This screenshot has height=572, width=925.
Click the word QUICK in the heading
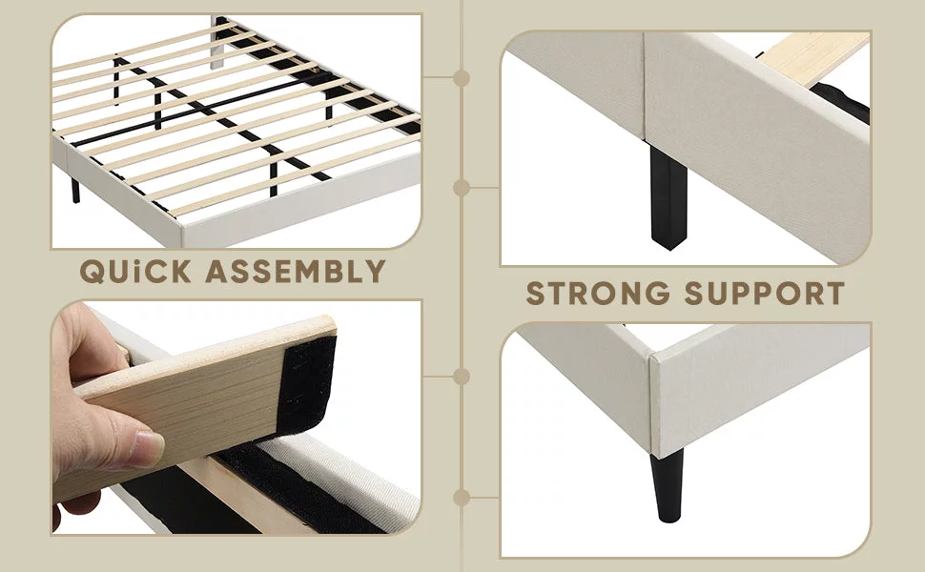tap(135, 272)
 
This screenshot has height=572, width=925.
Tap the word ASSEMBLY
tap(296, 272)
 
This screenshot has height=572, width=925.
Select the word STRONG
tap(598, 293)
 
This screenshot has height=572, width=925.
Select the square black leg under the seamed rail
tap(668, 197)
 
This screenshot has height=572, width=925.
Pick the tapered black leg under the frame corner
tap(668, 485)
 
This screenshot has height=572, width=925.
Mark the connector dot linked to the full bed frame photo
tap(462, 77)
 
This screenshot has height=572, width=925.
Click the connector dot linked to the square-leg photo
tap(462, 188)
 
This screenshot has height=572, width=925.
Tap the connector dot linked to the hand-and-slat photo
tap(462, 377)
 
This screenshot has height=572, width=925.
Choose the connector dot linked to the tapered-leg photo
tap(462, 498)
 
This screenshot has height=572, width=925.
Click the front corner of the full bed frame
tap(182, 225)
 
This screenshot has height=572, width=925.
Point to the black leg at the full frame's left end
tap(75, 190)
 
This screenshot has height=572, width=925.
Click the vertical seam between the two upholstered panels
tap(644, 86)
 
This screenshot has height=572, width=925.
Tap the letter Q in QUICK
tap(92, 272)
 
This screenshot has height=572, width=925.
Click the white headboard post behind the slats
tap(217, 43)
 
